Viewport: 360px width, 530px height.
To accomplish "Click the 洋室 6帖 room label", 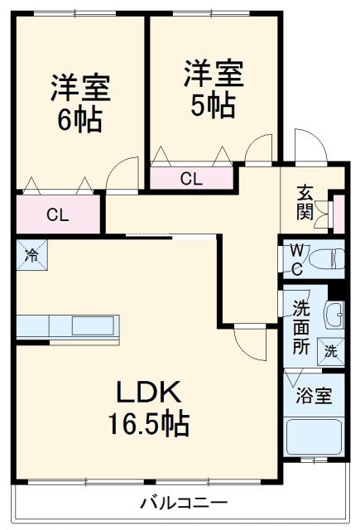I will [x=80, y=103].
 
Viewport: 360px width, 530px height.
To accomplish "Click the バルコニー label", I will [x=183, y=502].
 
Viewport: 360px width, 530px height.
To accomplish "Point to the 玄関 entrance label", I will [x=305, y=204].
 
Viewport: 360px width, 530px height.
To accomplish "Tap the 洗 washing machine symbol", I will [x=330, y=350].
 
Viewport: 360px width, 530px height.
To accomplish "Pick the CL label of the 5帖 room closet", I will [x=190, y=177].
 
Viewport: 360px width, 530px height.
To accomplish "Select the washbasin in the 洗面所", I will [x=334, y=315].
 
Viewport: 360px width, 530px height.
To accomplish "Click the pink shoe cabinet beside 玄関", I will [x=337, y=212].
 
